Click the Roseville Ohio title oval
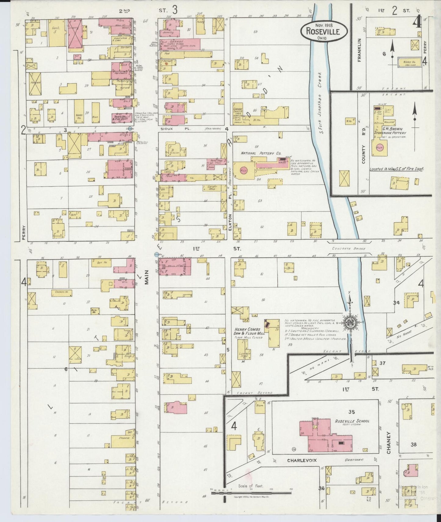(x=324, y=30)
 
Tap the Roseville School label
(x=352, y=422)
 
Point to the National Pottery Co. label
(x=261, y=153)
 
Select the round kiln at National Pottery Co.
(x=244, y=170)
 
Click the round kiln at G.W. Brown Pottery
(x=380, y=147)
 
